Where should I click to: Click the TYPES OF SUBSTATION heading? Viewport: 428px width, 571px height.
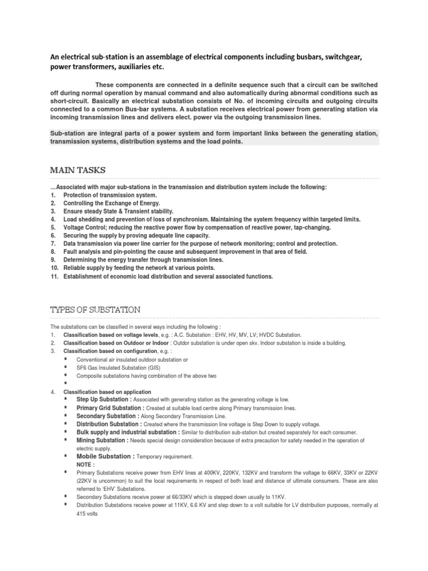coord(95,309)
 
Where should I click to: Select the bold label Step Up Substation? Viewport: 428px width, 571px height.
coord(104,400)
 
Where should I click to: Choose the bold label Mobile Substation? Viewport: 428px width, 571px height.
coord(105,456)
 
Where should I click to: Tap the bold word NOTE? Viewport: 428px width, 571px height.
coord(85,464)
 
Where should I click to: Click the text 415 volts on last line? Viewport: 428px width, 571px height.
coord(87,514)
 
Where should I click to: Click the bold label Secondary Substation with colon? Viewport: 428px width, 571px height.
coord(108,416)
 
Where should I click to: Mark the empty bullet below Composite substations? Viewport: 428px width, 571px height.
coord(65,384)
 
